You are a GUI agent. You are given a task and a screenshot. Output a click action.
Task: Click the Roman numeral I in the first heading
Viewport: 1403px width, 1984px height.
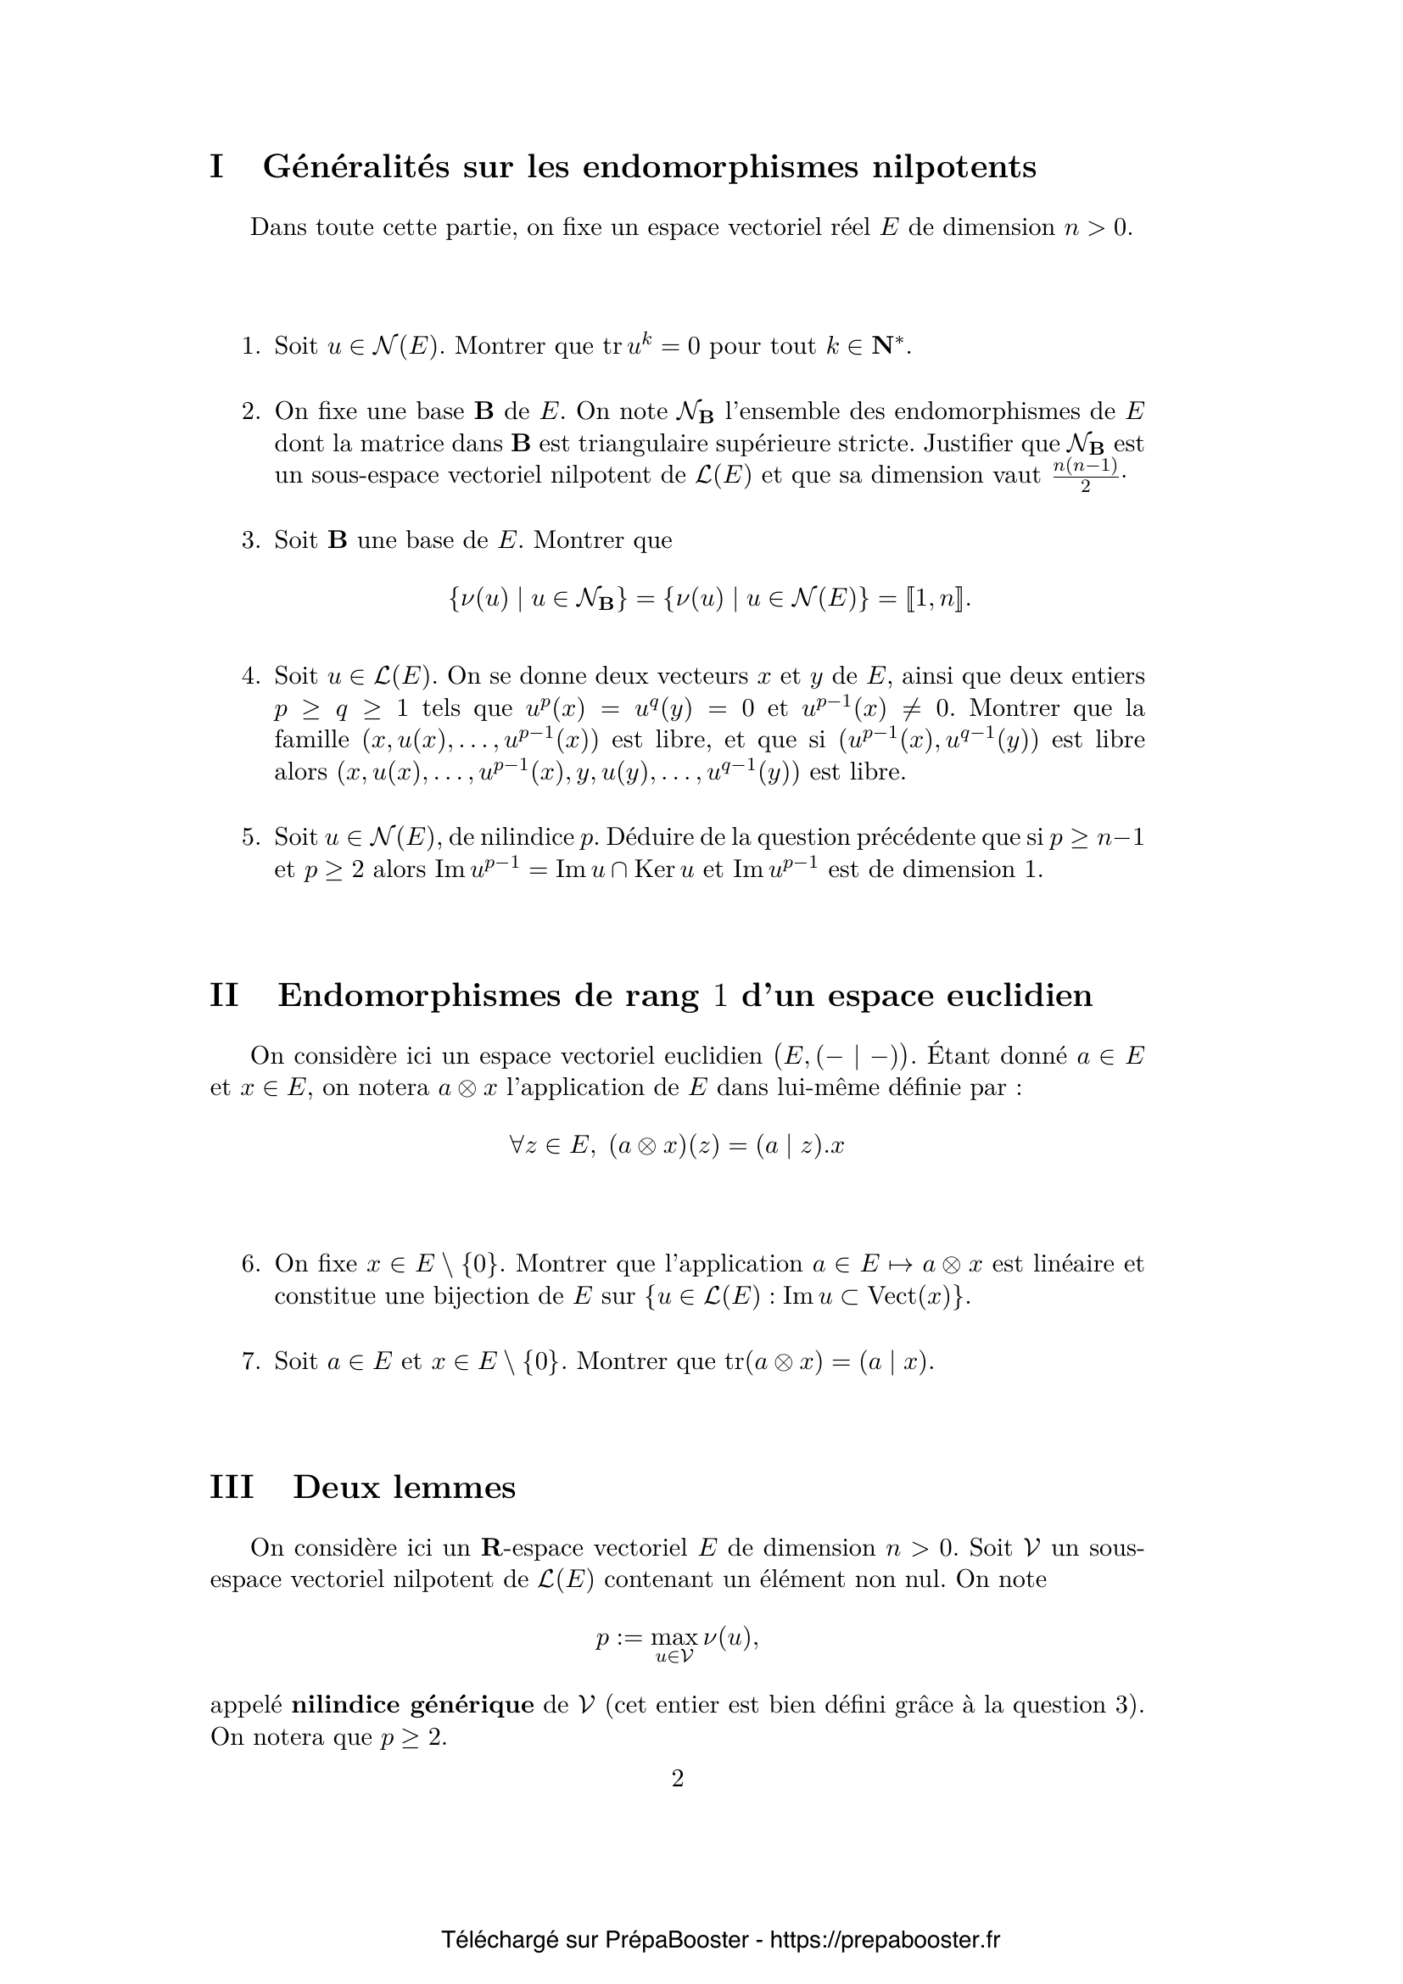pos(217,166)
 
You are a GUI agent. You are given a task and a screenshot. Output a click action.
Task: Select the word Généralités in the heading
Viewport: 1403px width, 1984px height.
pos(356,166)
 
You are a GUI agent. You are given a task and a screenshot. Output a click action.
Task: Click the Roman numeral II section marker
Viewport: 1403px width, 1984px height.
pos(224,996)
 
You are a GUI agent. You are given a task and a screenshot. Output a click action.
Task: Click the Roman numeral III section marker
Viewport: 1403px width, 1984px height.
pos(232,1486)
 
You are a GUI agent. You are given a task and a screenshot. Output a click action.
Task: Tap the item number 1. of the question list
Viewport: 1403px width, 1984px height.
pos(250,347)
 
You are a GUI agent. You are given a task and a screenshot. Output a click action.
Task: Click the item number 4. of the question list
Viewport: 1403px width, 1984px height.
pos(250,676)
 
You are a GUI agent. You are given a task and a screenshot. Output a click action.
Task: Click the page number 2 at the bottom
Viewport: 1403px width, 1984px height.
pos(677,1778)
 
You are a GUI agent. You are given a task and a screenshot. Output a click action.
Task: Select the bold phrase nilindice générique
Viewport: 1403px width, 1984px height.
pos(412,1705)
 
